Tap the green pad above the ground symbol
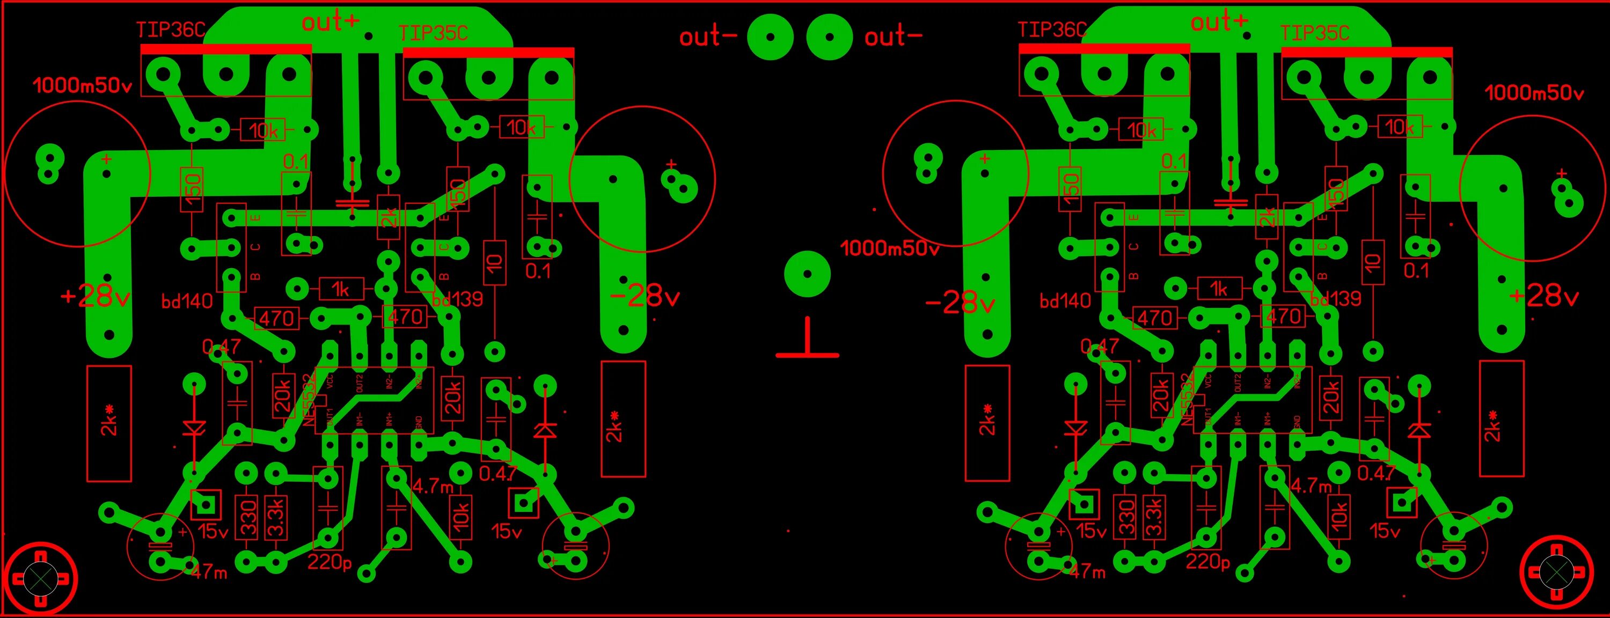pyautogui.click(x=807, y=274)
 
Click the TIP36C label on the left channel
pyautogui.click(x=171, y=30)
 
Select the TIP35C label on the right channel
pyautogui.click(x=1314, y=33)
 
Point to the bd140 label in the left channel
pyautogui.click(x=187, y=301)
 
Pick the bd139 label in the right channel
pyautogui.click(x=1337, y=299)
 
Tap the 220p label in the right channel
pyautogui.click(x=1207, y=562)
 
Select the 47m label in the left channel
pyautogui.click(x=209, y=571)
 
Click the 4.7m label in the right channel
pyautogui.click(x=1311, y=485)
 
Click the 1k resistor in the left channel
pyautogui.click(x=341, y=289)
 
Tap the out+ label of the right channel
pyautogui.click(x=1219, y=23)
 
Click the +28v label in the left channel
pyautogui.click(x=95, y=296)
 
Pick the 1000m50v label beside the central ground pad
pyautogui.click(x=889, y=248)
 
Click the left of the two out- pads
pyautogui.click(x=770, y=38)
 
